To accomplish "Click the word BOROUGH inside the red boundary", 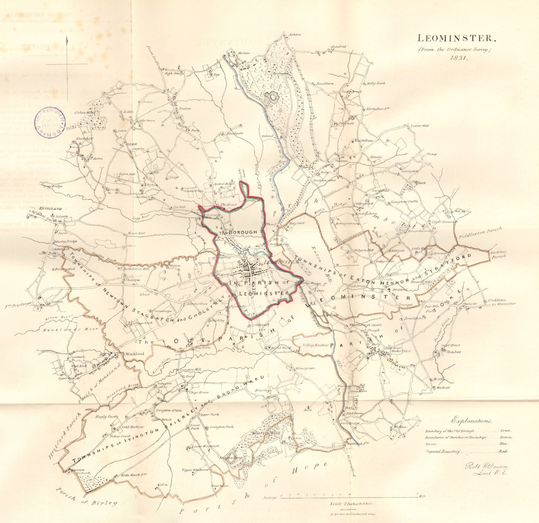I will [x=243, y=232].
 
